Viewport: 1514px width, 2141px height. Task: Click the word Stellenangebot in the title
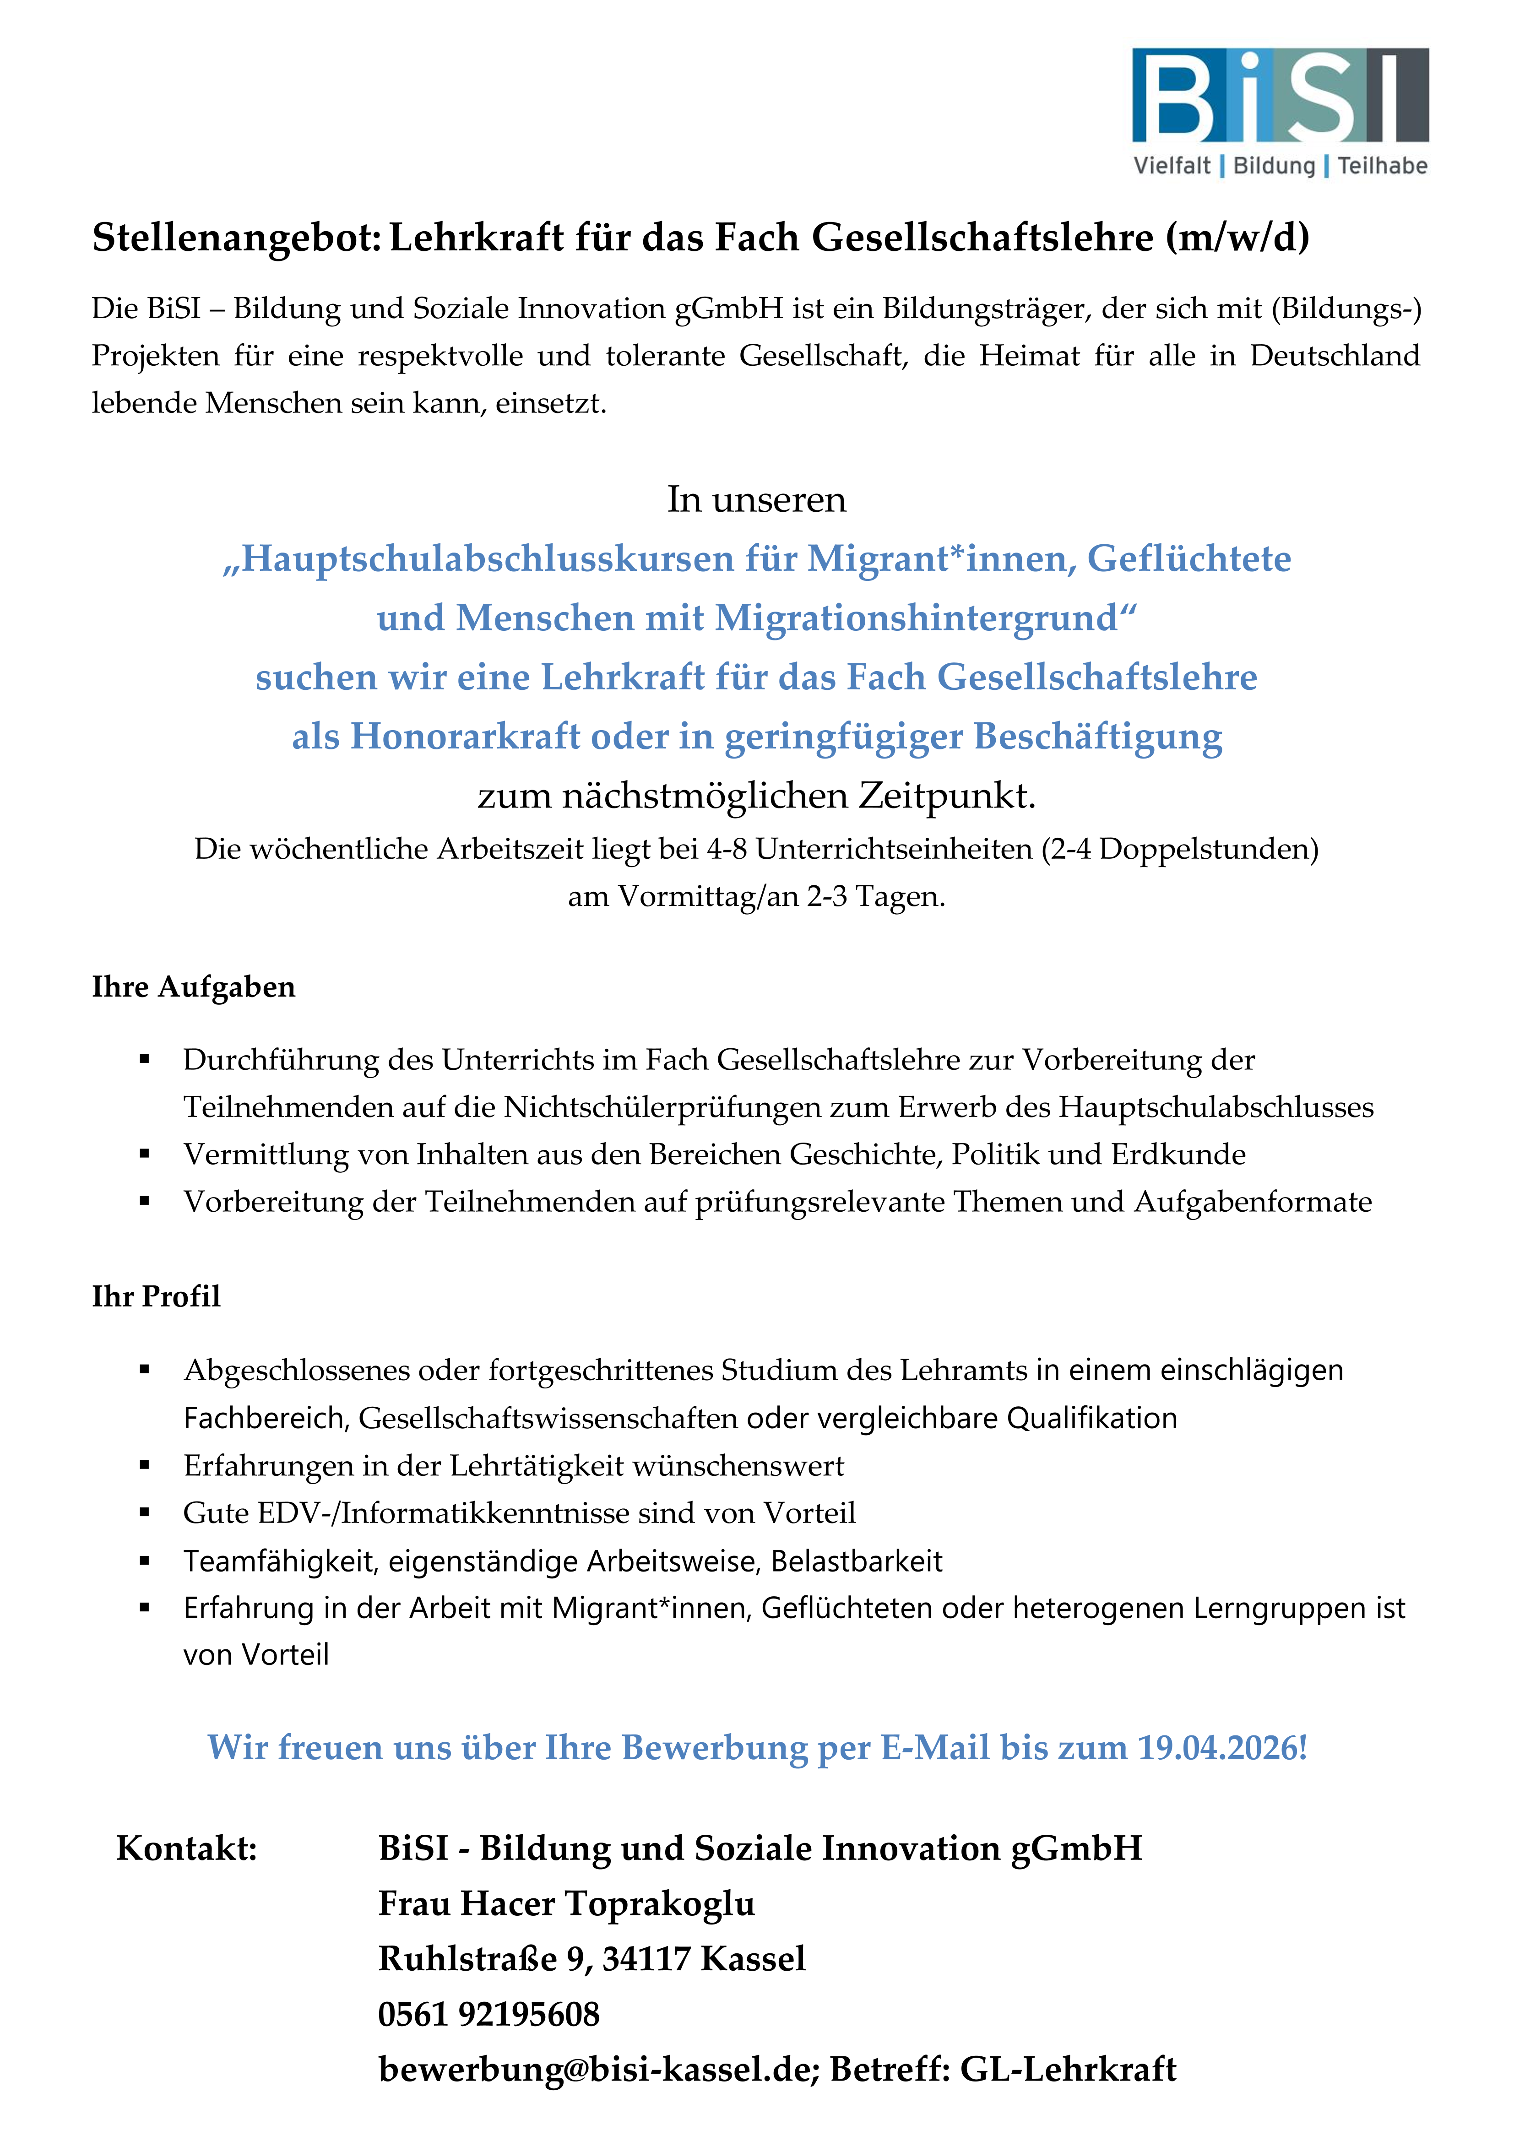pos(235,238)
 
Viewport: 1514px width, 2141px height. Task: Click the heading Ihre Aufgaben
pos(193,986)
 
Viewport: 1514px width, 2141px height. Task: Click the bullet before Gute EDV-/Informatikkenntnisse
pos(145,1512)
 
